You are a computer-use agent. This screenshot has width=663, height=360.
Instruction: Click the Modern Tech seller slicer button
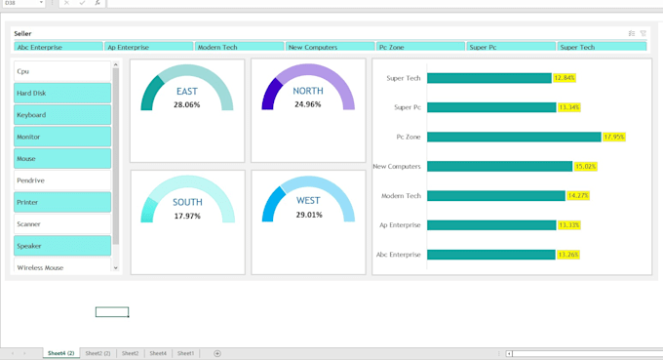(x=239, y=47)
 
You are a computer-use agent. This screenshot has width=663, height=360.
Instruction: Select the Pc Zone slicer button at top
(x=420, y=47)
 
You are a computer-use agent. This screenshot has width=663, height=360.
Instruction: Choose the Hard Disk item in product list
(x=62, y=93)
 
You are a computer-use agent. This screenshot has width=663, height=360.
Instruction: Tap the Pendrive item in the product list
(x=62, y=180)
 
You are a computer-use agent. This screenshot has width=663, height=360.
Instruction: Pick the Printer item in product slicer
(x=62, y=202)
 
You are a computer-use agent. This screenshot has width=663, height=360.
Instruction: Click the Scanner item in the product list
(x=62, y=224)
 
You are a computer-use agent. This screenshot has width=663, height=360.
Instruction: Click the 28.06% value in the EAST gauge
(x=186, y=104)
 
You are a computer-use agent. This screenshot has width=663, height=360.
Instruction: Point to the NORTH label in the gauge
(x=308, y=92)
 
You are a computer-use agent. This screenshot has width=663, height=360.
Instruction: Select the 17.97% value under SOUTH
(x=187, y=216)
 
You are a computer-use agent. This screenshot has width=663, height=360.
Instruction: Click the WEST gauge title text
(x=308, y=201)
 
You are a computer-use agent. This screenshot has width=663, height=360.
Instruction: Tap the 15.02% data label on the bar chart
(x=585, y=167)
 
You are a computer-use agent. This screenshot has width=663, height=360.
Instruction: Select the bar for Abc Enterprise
(x=490, y=255)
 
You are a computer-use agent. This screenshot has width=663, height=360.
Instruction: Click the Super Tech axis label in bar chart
(x=404, y=78)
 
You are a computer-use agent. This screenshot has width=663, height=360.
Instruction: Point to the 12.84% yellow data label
(x=564, y=78)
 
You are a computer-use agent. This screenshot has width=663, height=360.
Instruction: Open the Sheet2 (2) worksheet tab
(x=97, y=353)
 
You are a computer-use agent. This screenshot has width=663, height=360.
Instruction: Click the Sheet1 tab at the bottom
(x=185, y=353)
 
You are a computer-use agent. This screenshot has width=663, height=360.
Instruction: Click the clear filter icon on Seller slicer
(x=643, y=33)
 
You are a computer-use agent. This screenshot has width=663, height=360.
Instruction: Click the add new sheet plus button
(x=217, y=353)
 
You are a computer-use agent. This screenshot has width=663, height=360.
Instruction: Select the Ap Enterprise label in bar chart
(x=400, y=225)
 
